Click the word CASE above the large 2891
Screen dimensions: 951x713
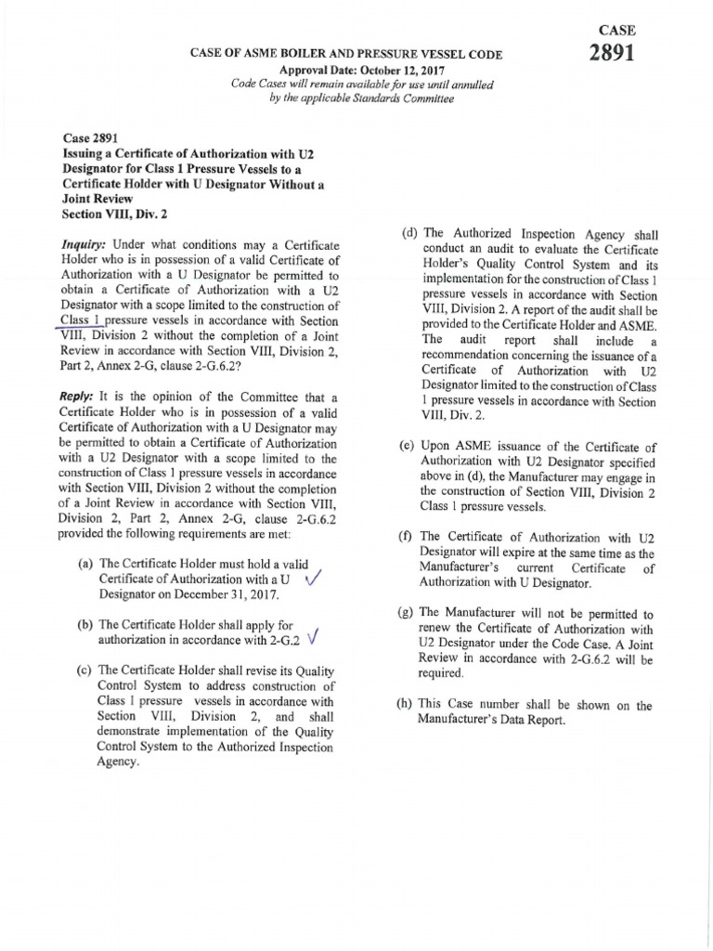click(611, 30)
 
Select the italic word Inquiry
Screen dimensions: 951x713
click(80, 244)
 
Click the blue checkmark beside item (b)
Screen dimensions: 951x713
click(313, 638)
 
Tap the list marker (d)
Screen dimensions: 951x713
click(409, 235)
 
